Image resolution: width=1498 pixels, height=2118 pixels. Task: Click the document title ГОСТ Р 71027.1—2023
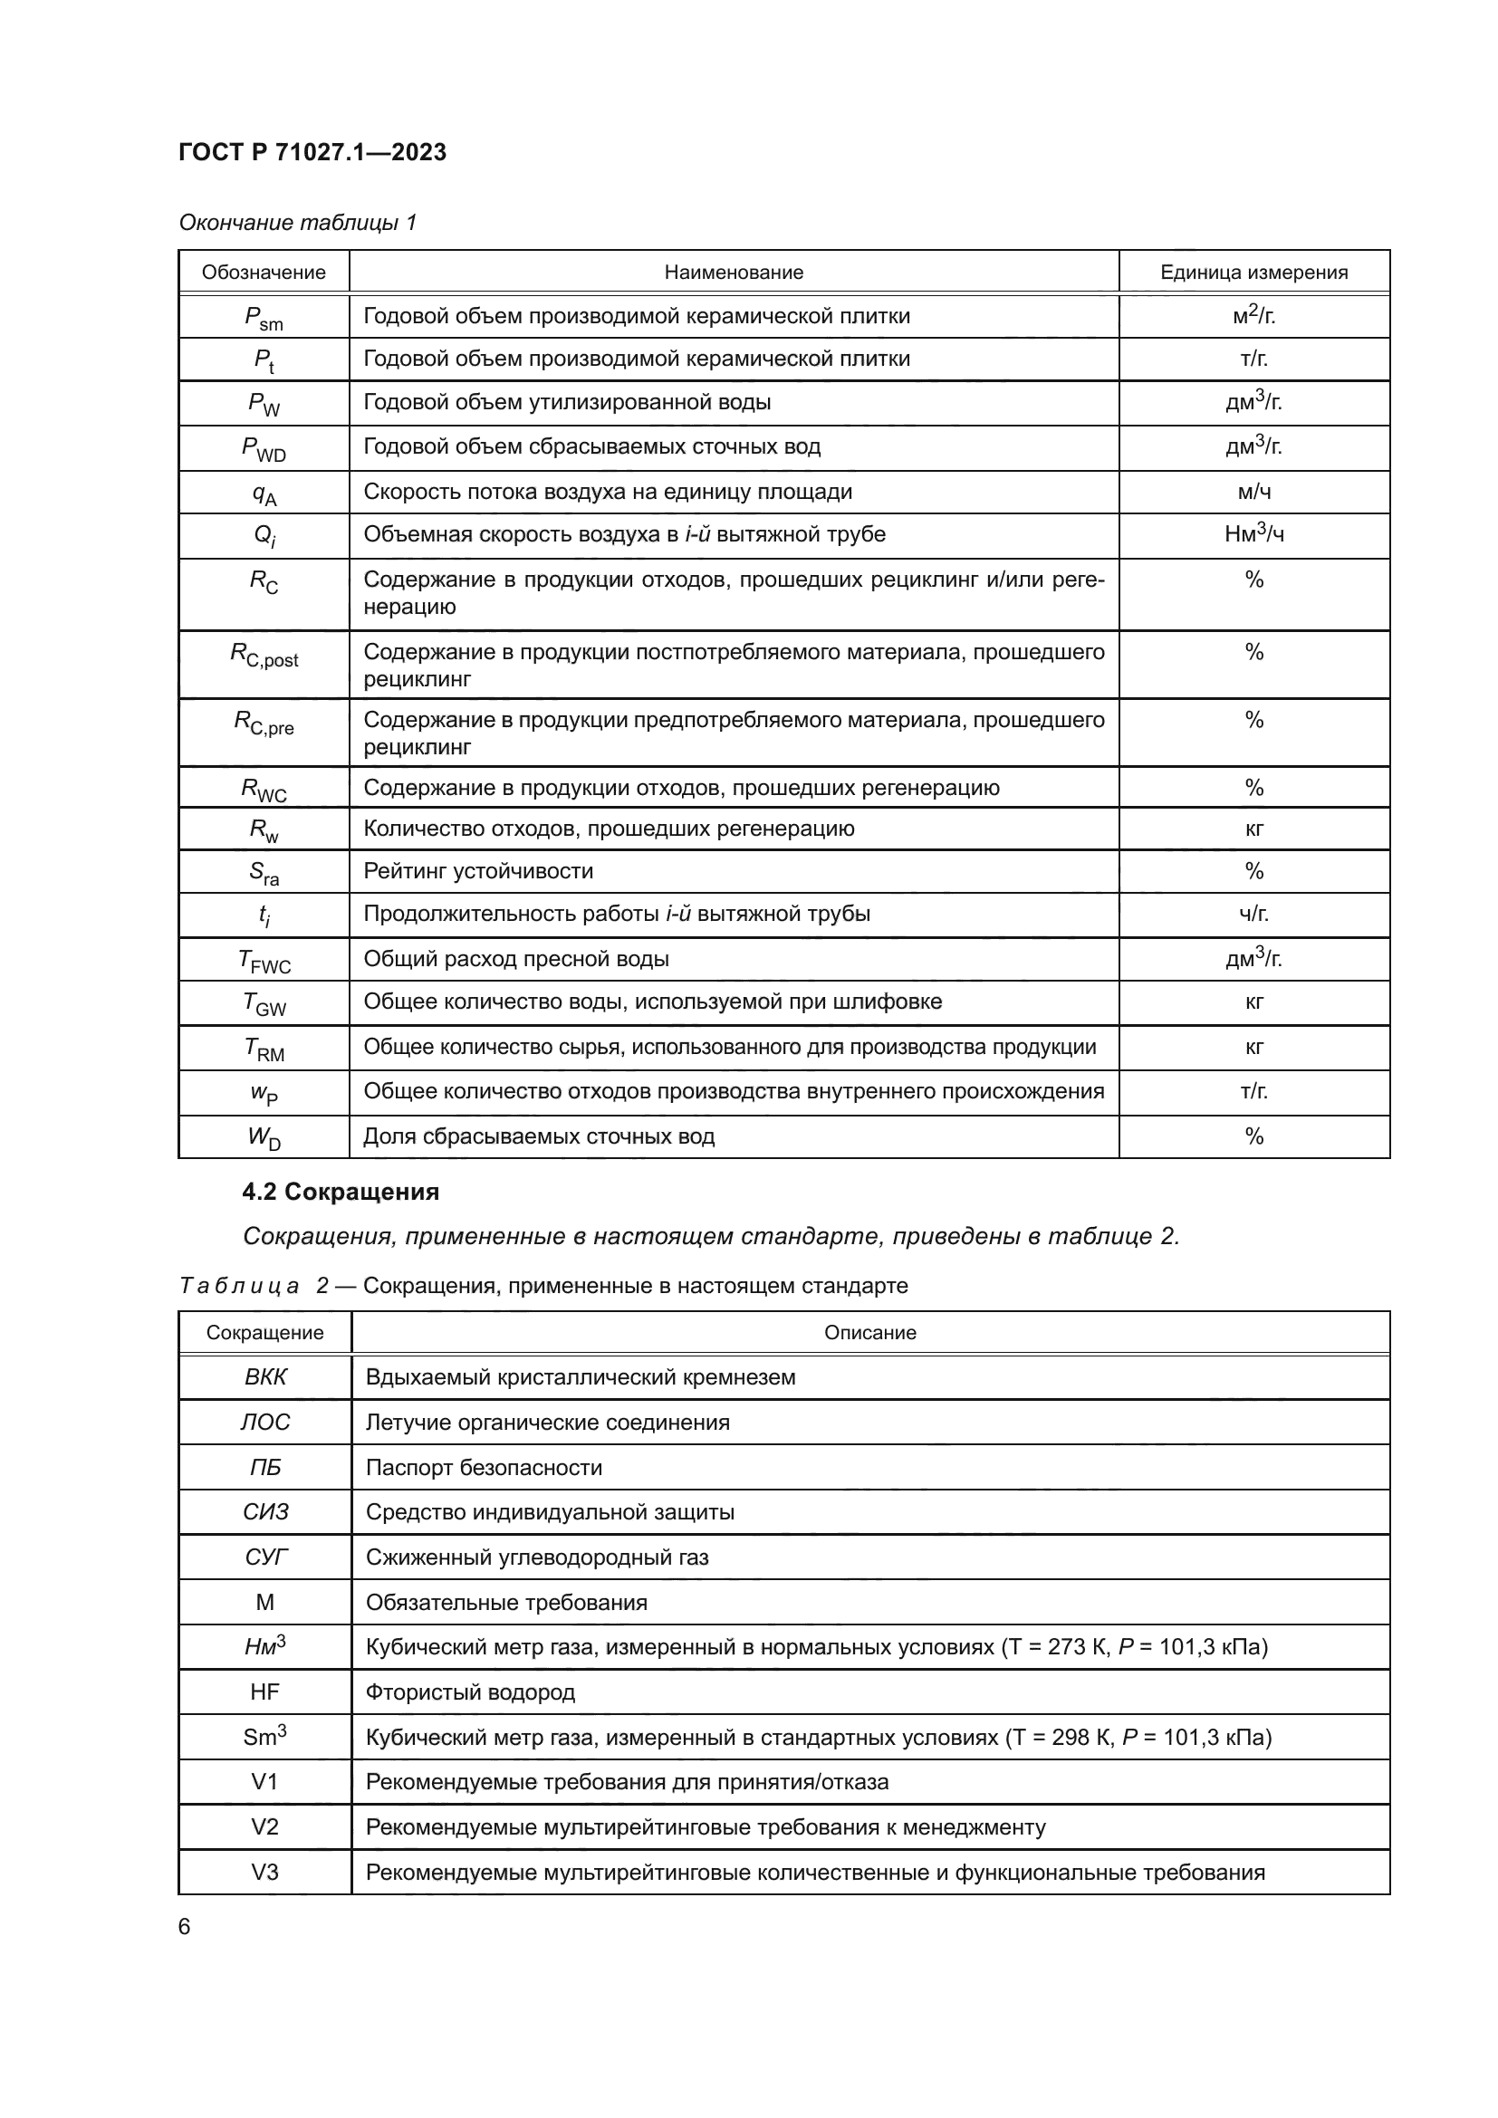(312, 152)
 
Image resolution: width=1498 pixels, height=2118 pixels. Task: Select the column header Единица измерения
(1253, 273)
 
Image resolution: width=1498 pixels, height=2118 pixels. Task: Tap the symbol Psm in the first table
(264, 317)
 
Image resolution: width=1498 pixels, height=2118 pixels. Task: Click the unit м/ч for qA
(1253, 492)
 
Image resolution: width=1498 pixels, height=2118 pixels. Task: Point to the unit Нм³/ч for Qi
(1253, 534)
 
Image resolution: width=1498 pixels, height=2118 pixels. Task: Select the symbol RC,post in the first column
(264, 655)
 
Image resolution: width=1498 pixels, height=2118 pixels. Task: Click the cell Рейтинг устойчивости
(478, 871)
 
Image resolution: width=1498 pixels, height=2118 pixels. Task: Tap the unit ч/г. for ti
(1253, 915)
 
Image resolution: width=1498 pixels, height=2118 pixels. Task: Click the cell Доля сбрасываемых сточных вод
(539, 1136)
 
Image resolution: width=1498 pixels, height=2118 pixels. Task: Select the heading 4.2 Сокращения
(341, 1192)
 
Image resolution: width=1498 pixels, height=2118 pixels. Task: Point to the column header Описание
(869, 1332)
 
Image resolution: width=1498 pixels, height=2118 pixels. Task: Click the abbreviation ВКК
(265, 1377)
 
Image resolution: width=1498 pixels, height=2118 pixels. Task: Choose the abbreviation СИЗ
(265, 1512)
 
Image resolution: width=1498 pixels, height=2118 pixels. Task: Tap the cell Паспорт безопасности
(484, 1468)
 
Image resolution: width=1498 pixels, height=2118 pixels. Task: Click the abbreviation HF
(265, 1692)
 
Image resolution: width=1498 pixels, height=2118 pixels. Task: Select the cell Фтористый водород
(470, 1692)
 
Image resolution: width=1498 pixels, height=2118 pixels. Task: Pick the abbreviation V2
(265, 1826)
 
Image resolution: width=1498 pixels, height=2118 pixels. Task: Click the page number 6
(185, 1926)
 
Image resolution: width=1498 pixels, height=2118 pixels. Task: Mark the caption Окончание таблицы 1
(297, 223)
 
